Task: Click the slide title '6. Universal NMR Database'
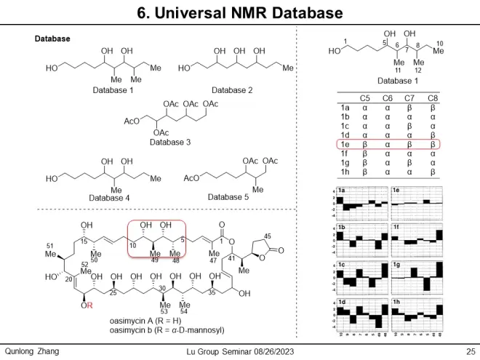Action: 240,12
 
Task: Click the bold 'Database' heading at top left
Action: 52,39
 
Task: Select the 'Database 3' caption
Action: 169,143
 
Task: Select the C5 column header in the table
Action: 366,97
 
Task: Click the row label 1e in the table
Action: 346,145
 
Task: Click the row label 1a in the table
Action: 346,107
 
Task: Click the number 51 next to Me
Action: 50,246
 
